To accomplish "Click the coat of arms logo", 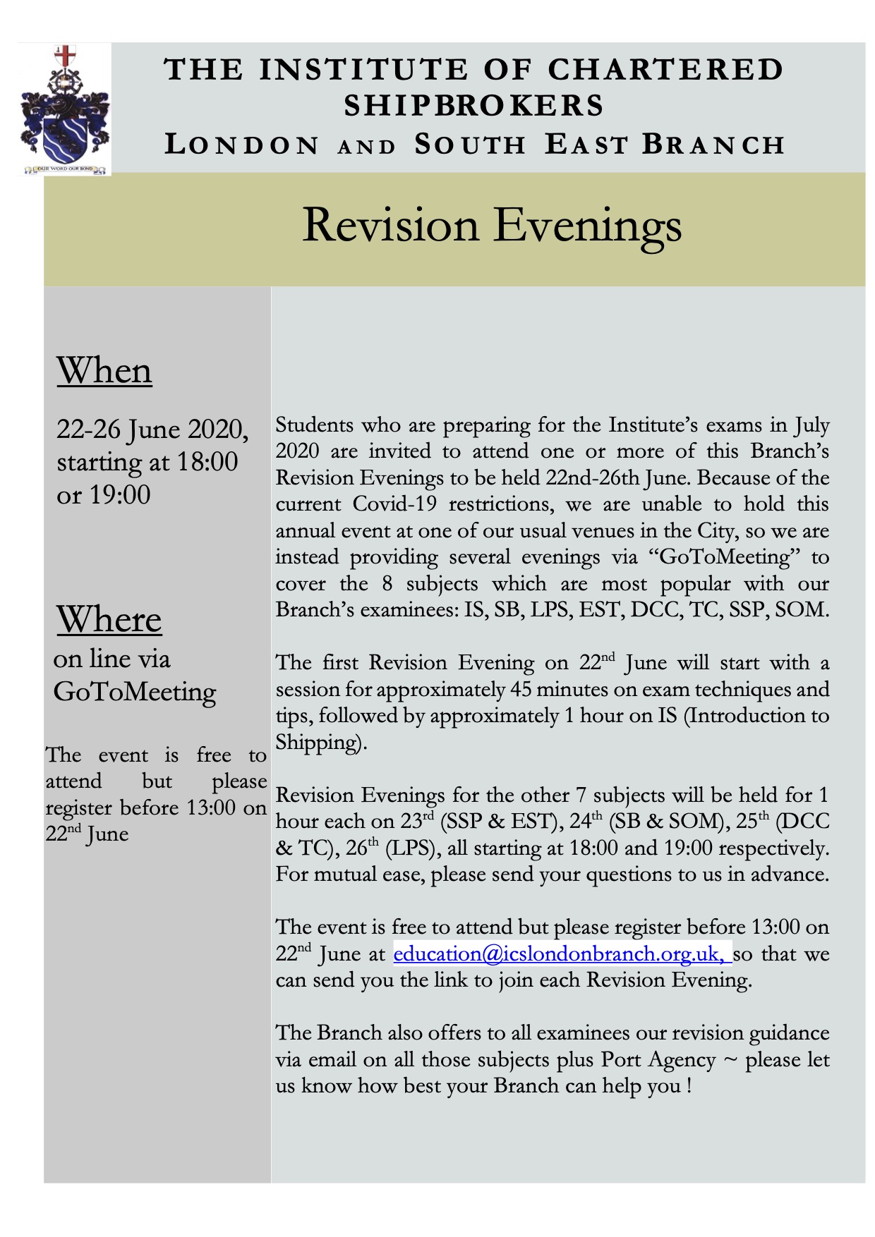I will [64, 109].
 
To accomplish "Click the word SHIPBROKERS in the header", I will [473, 106].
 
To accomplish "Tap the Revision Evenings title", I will [492, 226].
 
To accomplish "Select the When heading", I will [104, 371].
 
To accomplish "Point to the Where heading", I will [109, 620].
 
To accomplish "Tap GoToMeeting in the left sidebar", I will [135, 693].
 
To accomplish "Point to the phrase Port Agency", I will [658, 1060].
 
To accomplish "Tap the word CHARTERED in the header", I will [665, 70].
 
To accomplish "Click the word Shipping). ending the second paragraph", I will [321, 743].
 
